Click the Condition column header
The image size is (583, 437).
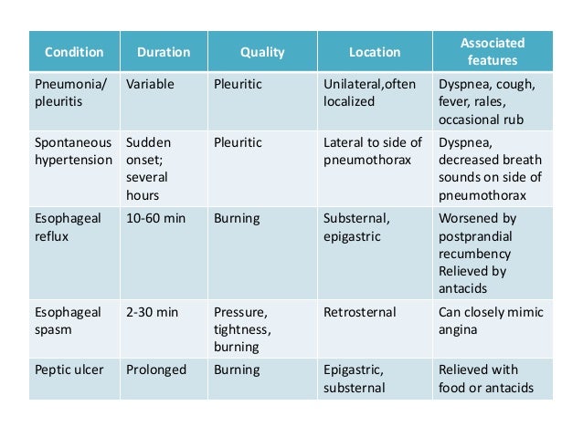point(74,52)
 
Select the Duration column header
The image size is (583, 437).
point(163,52)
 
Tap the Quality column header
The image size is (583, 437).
point(262,52)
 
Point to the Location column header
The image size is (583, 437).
point(375,52)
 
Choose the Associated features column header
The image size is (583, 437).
point(493,52)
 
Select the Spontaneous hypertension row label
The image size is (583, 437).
point(73,151)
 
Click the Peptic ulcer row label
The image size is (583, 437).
point(70,369)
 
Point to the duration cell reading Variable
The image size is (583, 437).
point(151,85)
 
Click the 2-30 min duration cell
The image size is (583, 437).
point(153,312)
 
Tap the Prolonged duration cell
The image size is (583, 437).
point(156,369)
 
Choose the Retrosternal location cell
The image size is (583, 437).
point(360,312)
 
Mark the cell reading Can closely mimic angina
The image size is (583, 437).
point(491,321)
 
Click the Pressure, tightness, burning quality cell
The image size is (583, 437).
point(243,329)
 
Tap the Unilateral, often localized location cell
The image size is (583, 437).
point(369,93)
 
